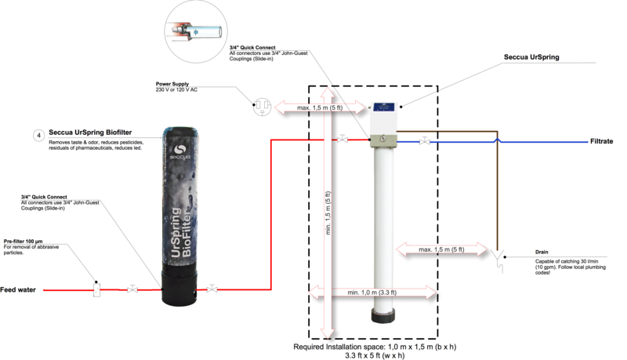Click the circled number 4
38,135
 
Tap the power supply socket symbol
260,107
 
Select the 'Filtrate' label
602,142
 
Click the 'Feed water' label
19,290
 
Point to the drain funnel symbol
499,255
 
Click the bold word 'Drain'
541,253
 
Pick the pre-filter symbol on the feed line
96,289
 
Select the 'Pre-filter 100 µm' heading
25,242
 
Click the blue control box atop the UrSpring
384,118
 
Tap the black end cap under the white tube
384,315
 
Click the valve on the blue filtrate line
424,141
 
